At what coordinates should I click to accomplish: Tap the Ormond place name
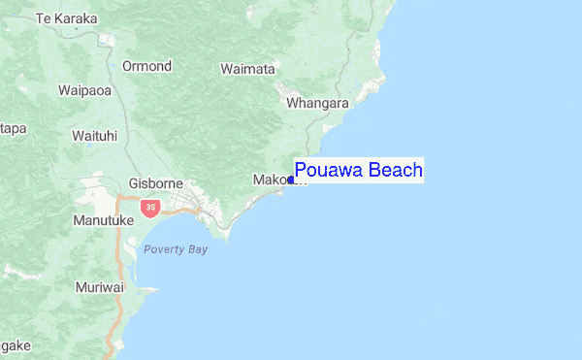point(146,66)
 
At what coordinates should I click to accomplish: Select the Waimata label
point(248,69)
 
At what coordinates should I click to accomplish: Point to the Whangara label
point(317,101)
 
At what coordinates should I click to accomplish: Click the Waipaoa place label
point(87,90)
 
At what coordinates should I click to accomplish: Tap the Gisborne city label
point(156,183)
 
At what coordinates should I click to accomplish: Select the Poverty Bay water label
point(176,249)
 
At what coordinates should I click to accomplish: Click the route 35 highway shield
point(148,207)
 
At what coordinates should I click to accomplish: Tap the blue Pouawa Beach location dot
point(291,180)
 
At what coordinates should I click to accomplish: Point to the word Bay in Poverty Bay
point(197,249)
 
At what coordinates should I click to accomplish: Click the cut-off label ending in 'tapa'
point(12,128)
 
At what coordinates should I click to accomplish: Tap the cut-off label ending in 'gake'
point(15,345)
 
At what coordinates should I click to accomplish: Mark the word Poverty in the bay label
point(164,249)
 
